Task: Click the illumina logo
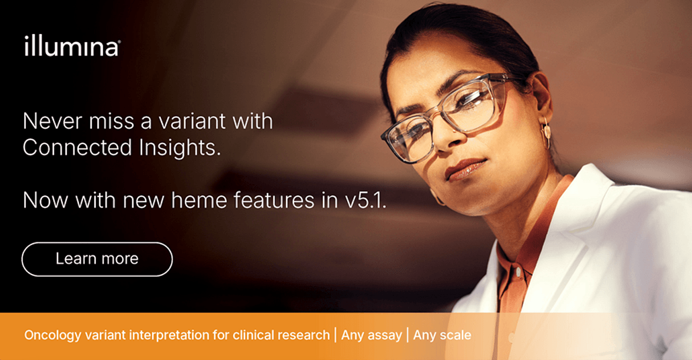[73, 46]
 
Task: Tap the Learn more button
[97, 259]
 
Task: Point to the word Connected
[77, 147]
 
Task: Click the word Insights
[180, 148]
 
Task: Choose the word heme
[200, 200]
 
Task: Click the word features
[274, 200]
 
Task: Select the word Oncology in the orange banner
[52, 336]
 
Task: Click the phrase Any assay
[371, 335]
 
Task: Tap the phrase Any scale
[442, 335]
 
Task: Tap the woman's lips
[465, 169]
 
